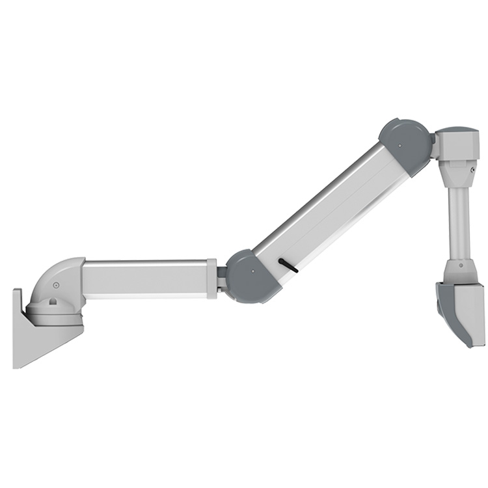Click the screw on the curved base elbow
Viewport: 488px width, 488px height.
[x=56, y=285]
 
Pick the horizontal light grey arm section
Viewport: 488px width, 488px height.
[x=146, y=278]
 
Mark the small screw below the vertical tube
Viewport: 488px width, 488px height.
[x=461, y=265]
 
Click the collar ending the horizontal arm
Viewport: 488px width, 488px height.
[x=211, y=278]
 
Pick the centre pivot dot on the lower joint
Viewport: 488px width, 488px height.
[x=251, y=274]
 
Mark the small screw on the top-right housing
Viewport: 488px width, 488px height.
[x=471, y=170]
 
